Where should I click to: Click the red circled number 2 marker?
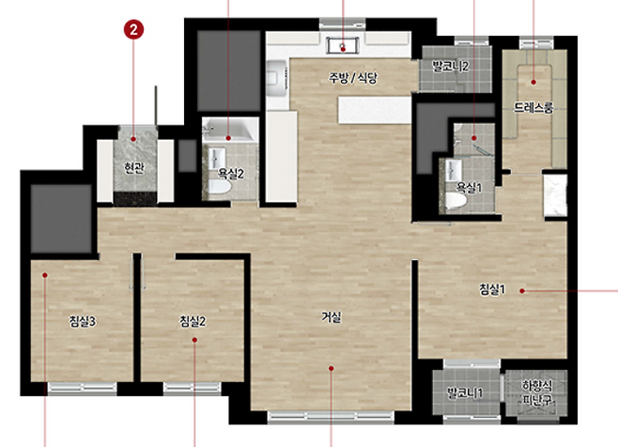pos(133,29)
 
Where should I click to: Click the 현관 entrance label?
pos(134,168)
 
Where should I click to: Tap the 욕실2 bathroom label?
pos(231,174)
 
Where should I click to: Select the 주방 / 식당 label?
pos(353,78)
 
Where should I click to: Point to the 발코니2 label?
pos(451,67)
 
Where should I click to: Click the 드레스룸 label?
pos(533,107)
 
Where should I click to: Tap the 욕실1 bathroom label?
pos(469,187)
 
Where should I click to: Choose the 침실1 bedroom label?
pos(492,290)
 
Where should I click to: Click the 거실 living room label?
pos(331,316)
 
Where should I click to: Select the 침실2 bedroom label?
pos(193,322)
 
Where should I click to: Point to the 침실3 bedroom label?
pos(83,322)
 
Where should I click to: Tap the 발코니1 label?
pos(465,393)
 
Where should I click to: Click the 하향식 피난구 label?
pos(537,393)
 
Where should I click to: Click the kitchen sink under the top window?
pos(343,46)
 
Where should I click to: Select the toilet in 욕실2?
pos(219,187)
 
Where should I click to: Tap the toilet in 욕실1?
pos(456,201)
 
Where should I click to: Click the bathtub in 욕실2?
pos(228,131)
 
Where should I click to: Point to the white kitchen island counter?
pos(375,111)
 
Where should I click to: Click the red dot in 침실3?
pos(45,275)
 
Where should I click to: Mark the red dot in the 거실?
pos(331,368)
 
